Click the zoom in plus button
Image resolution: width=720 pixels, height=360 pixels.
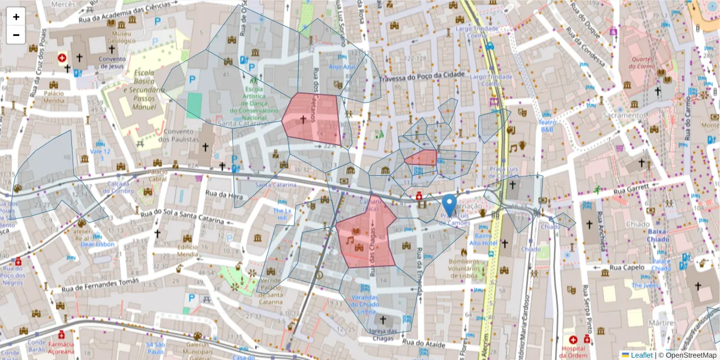pyautogui.click(x=16, y=17)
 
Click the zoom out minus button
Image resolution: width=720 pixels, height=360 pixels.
pyautogui.click(x=16, y=35)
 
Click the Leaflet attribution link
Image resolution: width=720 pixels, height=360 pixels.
pyautogui.click(x=641, y=355)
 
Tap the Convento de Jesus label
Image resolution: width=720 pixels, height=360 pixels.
pyautogui.click(x=112, y=63)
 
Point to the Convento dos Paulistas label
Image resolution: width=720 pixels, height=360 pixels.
pyautogui.click(x=179, y=136)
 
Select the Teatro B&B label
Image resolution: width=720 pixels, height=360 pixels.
pyautogui.click(x=547, y=125)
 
